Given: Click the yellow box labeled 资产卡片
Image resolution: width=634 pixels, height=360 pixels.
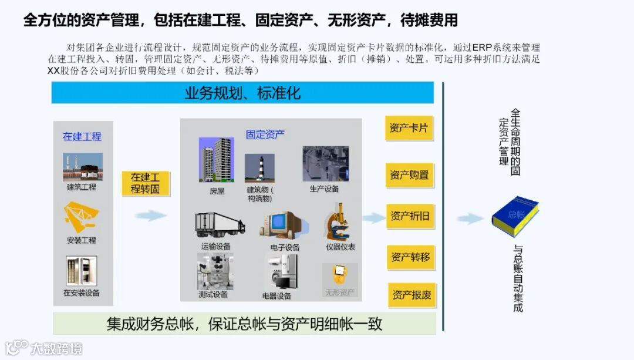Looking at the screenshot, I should click(x=409, y=127).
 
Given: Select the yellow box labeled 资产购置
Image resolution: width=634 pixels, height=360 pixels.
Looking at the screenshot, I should click(x=409, y=175).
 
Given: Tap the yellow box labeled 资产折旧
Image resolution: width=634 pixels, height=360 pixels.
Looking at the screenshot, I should click(x=410, y=216).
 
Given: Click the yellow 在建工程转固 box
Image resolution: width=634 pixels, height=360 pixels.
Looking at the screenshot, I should click(x=145, y=183).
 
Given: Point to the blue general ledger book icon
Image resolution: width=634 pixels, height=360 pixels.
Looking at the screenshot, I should click(x=515, y=215).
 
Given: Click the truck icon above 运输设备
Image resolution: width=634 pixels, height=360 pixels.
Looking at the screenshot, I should click(x=220, y=225).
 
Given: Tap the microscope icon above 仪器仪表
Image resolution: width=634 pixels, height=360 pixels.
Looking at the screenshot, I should click(x=339, y=221).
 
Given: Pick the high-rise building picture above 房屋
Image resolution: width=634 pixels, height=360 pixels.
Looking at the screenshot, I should click(x=216, y=160).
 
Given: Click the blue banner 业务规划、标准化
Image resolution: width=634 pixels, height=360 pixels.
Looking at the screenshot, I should click(x=242, y=93).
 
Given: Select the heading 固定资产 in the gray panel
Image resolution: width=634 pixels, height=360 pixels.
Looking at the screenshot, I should click(x=265, y=134).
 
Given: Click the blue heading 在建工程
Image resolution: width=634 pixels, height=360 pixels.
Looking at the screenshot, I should click(x=82, y=136).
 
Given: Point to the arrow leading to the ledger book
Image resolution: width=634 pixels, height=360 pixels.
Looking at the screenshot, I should click(x=470, y=218).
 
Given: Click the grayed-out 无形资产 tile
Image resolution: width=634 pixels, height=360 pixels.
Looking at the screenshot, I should click(x=340, y=280).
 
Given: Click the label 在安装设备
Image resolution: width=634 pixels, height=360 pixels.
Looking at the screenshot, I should click(x=82, y=292).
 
